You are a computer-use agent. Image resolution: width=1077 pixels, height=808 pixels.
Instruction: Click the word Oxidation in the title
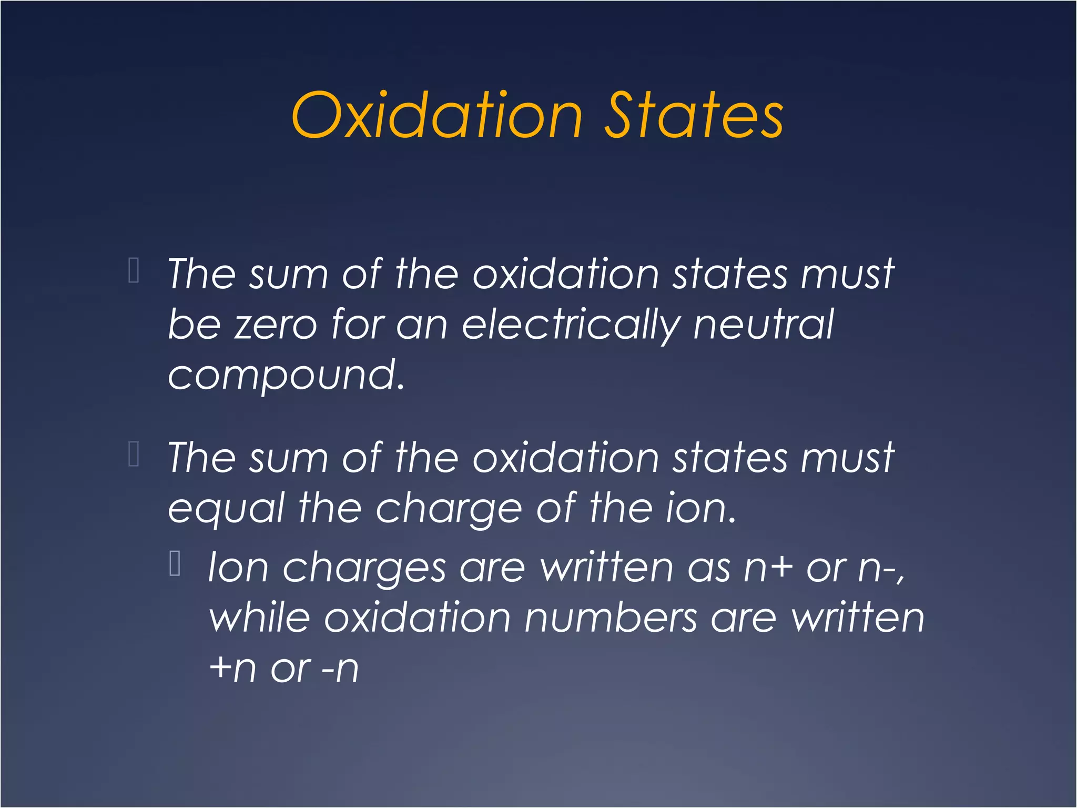(436, 115)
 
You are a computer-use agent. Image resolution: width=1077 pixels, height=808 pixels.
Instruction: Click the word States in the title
(694, 115)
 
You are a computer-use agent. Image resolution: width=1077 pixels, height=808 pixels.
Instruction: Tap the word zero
(276, 325)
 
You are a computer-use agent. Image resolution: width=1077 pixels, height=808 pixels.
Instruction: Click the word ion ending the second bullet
(699, 509)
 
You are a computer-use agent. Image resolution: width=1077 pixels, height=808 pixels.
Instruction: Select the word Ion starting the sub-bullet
(238, 568)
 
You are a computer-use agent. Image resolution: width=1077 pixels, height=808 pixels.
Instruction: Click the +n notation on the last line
(232, 669)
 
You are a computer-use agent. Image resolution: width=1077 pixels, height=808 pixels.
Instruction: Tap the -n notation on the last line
(340, 670)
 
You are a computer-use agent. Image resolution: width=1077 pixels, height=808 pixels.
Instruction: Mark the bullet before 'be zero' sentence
(134, 271)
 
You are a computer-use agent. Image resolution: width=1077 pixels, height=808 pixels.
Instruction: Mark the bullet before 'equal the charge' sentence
(134, 454)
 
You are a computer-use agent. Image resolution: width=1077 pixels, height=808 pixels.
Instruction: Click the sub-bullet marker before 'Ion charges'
(175, 564)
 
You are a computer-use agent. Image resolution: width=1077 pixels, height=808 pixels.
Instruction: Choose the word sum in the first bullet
(288, 275)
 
